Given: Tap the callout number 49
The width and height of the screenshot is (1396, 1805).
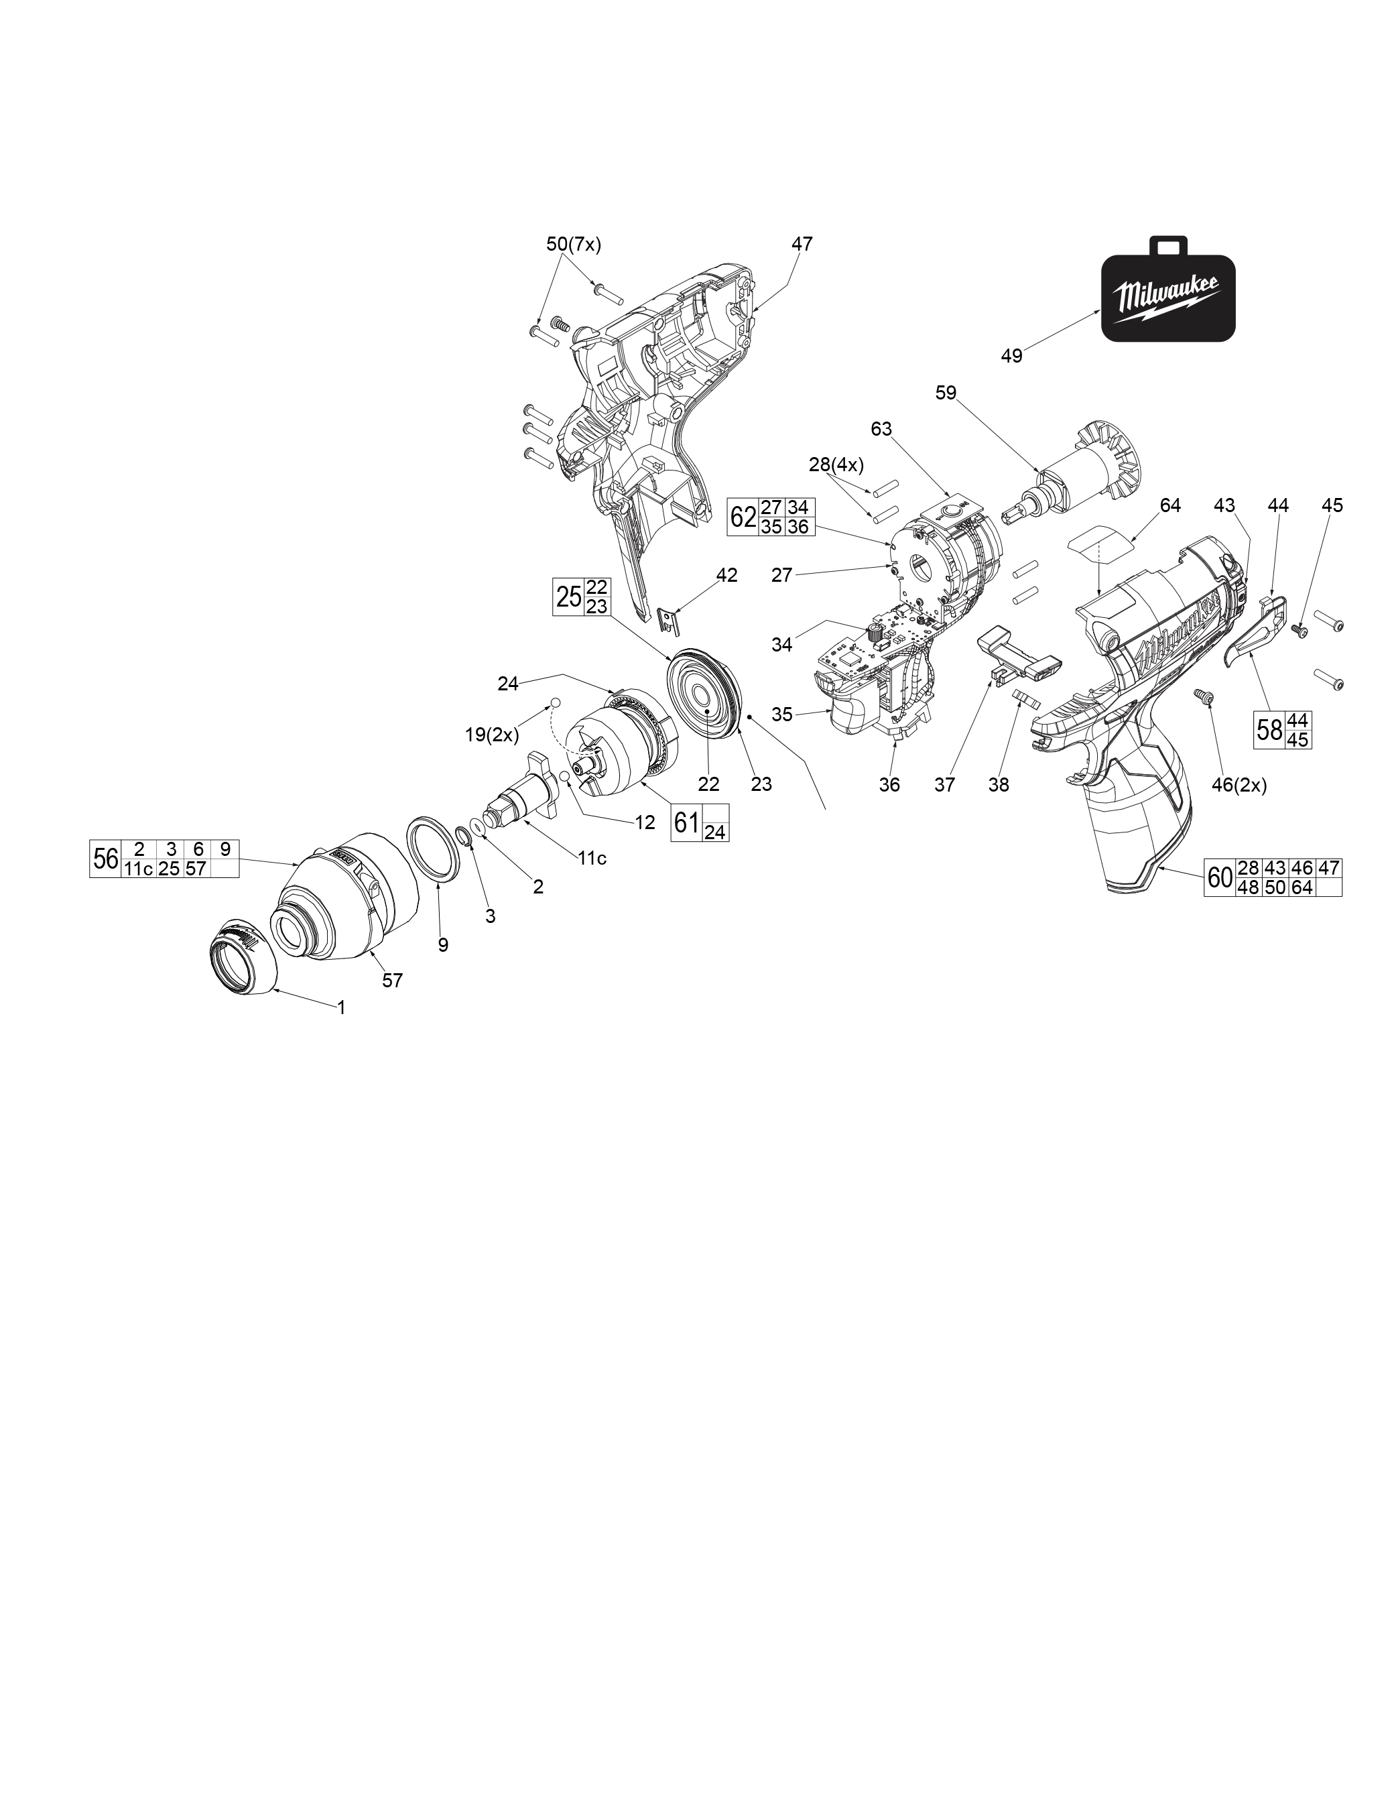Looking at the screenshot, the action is click(x=1012, y=356).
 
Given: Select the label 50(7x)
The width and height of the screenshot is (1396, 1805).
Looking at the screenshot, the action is click(x=574, y=244).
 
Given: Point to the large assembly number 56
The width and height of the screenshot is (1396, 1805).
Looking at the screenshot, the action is click(x=106, y=859).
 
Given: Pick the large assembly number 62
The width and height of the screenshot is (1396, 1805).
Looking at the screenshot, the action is click(x=743, y=517).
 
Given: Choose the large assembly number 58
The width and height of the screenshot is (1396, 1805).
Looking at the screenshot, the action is click(x=1269, y=730).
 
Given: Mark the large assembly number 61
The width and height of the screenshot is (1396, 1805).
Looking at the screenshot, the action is click(x=686, y=822).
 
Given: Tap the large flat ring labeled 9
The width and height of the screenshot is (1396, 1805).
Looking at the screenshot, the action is click(x=437, y=851).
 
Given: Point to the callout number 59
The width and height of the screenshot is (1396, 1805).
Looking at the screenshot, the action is click(x=946, y=393).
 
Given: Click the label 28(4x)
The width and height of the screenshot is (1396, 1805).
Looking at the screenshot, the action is click(x=836, y=465).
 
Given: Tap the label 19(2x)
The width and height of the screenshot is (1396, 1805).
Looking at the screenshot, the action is click(x=492, y=735).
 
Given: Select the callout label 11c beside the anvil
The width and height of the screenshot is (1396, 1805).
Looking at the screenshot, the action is click(x=592, y=859).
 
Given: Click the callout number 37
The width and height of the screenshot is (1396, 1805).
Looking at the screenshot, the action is click(x=945, y=785).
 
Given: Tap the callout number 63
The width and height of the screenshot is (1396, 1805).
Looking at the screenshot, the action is click(x=882, y=429).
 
